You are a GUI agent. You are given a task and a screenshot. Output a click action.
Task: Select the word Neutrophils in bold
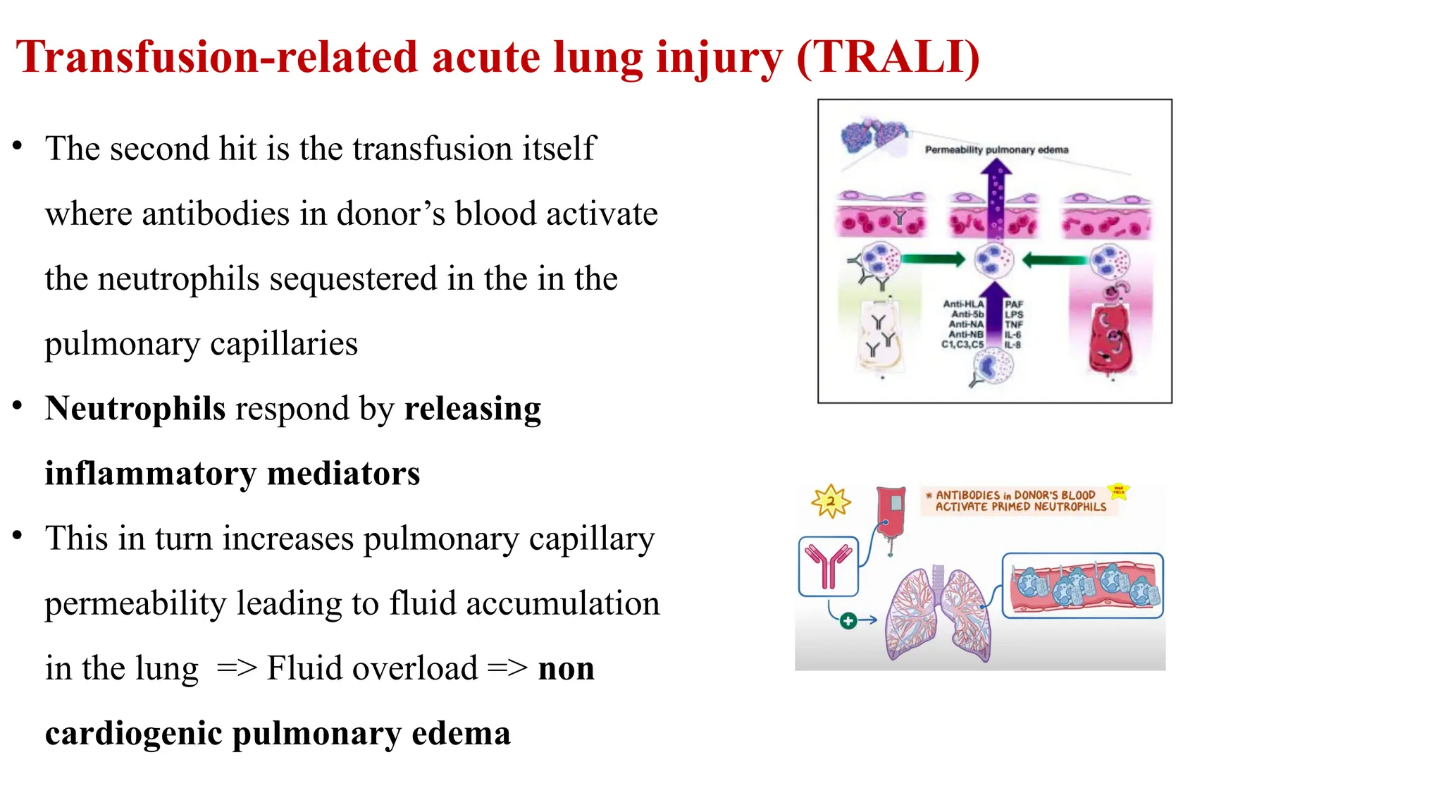click(x=135, y=409)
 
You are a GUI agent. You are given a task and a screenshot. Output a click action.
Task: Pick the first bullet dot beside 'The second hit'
click(x=18, y=147)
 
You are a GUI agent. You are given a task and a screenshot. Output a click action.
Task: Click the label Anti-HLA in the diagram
click(x=963, y=304)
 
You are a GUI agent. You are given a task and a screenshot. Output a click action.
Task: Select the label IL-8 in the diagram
click(x=1012, y=345)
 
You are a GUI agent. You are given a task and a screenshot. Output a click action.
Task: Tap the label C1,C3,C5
click(x=962, y=345)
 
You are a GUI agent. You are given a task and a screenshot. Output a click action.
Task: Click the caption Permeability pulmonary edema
click(x=996, y=150)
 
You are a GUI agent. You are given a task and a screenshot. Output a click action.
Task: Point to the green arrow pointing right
click(x=932, y=259)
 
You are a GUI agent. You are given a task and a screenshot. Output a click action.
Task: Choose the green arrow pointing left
click(x=1054, y=260)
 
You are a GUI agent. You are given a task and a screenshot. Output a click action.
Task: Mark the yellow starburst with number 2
click(x=831, y=501)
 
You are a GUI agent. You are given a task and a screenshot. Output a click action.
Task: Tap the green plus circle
click(x=848, y=620)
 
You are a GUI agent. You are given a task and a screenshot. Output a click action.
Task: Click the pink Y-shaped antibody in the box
click(x=829, y=566)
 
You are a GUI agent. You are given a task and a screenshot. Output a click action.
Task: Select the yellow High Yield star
click(x=1118, y=491)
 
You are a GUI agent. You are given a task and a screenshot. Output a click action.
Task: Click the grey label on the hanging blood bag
click(x=896, y=503)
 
